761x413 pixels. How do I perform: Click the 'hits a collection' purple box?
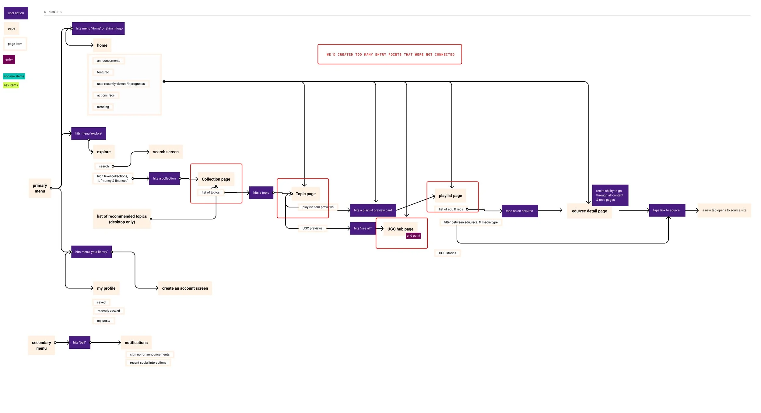click(164, 178)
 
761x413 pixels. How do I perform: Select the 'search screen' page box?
click(166, 152)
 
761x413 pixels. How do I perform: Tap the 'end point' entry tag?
click(413, 236)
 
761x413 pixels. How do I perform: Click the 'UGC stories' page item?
click(447, 253)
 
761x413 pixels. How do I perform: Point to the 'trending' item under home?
click(103, 107)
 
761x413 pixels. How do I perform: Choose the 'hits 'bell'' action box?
click(79, 343)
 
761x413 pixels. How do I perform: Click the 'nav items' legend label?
click(11, 85)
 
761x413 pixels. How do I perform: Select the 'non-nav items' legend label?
click(14, 76)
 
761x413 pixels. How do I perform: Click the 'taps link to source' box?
click(667, 210)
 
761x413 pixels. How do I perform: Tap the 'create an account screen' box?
click(185, 288)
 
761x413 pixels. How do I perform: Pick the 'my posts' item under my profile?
click(103, 321)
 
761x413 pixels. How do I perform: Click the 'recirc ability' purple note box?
click(610, 195)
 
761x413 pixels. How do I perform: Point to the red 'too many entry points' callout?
click(390, 55)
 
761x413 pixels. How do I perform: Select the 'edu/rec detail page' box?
click(589, 211)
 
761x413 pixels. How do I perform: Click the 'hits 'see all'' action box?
click(363, 228)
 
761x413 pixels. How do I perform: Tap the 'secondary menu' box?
click(41, 345)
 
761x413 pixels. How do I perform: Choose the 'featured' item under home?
click(103, 72)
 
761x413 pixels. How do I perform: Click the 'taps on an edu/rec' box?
click(519, 211)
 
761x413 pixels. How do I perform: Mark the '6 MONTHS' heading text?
click(53, 12)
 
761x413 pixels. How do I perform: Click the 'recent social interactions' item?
click(148, 363)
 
